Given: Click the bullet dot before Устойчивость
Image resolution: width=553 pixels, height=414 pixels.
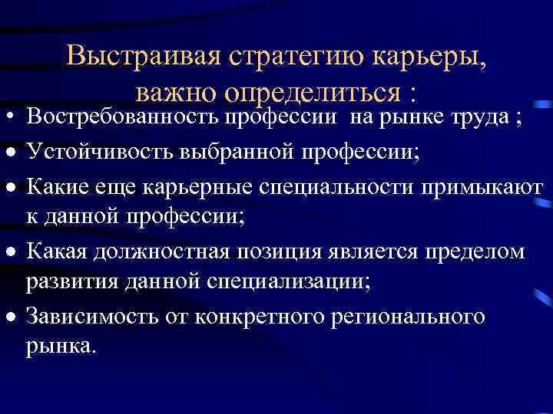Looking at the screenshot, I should (11, 153).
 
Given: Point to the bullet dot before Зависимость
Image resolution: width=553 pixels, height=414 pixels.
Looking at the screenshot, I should (11, 317).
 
